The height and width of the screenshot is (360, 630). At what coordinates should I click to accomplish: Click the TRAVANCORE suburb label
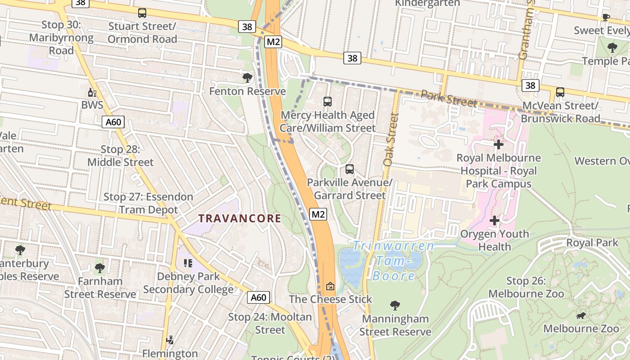pos(240,219)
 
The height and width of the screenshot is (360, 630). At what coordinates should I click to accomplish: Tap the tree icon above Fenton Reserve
pos(247,78)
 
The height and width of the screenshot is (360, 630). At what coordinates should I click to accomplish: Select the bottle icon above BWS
pos(92,93)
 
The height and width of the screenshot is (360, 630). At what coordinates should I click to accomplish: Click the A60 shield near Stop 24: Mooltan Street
pos(259,297)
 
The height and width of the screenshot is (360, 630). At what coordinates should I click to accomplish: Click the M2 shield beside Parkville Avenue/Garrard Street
pos(318,214)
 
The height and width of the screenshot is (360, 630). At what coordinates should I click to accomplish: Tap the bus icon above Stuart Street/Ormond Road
pos(142,13)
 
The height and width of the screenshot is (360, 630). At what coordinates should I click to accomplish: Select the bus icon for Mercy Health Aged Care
pos(328,102)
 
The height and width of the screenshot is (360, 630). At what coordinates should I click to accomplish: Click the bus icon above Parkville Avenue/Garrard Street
pos(350,169)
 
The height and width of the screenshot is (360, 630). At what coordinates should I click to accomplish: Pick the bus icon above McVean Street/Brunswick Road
pos(560,92)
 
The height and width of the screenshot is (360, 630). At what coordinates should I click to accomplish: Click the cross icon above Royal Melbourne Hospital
pos(499,144)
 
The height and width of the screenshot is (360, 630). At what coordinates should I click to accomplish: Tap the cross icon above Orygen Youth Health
pos(495,220)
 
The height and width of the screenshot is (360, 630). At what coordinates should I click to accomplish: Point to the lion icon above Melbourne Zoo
pos(581,315)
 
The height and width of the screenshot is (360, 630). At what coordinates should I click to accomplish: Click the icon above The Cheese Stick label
pos(330,286)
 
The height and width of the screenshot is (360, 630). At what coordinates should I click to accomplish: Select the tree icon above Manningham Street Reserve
pos(395,306)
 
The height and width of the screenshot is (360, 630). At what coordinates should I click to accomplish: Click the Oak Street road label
pos(391,139)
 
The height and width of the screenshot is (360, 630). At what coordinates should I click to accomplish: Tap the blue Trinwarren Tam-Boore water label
pos(394,261)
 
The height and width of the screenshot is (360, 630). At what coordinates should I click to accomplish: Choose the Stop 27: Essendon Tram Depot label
pos(148,203)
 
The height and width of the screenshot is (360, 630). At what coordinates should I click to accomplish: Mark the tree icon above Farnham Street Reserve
pos(100,268)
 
